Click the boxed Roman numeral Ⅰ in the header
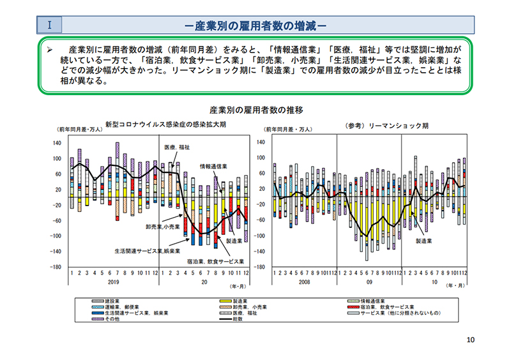pos(49,26)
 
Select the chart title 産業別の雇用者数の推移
pos(256,110)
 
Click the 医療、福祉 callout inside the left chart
pos(177,147)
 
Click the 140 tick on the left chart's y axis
pos(57,143)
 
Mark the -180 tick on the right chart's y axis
pos(260,267)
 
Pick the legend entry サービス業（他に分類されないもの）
pos(394,313)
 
